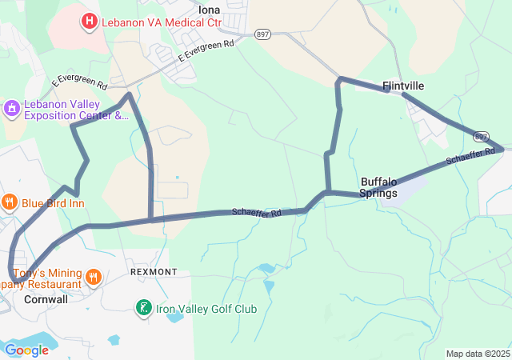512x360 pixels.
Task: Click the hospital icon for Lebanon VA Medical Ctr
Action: pyautogui.click(x=90, y=21)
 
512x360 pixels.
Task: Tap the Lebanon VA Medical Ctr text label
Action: pyautogui.click(x=161, y=22)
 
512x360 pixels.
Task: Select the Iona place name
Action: pyautogui.click(x=209, y=10)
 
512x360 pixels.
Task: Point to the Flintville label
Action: pyautogui.click(x=402, y=85)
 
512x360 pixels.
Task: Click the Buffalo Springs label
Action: pyautogui.click(x=378, y=187)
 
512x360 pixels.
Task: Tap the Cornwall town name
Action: pyautogui.click(x=46, y=299)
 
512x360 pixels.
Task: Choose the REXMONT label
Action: pyautogui.click(x=154, y=272)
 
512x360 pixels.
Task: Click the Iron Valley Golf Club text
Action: pyautogui.click(x=207, y=309)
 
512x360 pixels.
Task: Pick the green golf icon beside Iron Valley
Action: pyautogui.click(x=143, y=308)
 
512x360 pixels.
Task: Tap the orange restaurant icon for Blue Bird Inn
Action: pyautogui.click(x=10, y=203)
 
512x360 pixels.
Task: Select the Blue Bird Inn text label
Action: pyautogui.click(x=54, y=204)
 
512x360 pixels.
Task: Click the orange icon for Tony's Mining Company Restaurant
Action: pyautogui.click(x=94, y=278)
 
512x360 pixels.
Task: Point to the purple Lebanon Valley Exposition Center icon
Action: pyautogui.click(x=11, y=107)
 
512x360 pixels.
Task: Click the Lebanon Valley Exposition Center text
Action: pyautogui.click(x=75, y=110)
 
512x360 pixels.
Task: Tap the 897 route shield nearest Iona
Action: pyautogui.click(x=262, y=34)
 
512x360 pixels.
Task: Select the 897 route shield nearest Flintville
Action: pyautogui.click(x=480, y=137)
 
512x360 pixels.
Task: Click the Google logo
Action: pyautogui.click(x=26, y=350)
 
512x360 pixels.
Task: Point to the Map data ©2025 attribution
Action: pyautogui.click(x=477, y=354)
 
